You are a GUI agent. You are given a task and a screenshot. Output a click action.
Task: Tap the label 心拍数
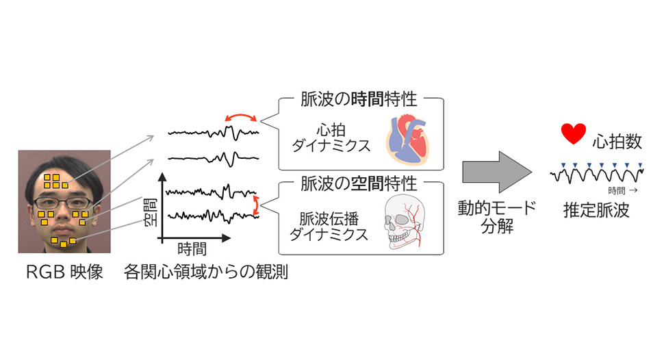click(617, 142)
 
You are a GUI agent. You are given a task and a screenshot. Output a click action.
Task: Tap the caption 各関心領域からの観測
click(206, 272)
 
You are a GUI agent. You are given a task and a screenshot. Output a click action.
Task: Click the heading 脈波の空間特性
click(359, 183)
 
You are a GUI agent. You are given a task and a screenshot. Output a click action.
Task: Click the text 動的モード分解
click(497, 218)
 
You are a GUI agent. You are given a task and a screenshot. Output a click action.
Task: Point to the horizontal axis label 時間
click(192, 249)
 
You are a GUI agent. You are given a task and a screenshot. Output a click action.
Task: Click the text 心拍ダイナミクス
click(334, 137)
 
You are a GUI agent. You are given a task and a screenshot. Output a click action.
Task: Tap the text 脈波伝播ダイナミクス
click(334, 226)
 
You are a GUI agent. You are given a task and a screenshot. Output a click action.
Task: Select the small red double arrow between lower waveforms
click(257, 203)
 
